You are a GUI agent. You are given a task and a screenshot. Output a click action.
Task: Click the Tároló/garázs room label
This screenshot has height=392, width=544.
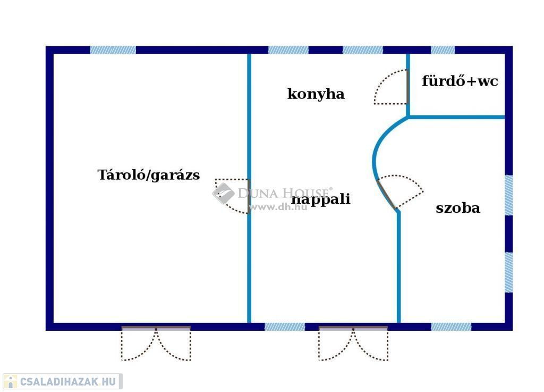coord(149,175)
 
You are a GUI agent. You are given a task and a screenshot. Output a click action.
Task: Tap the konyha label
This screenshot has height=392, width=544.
coord(316,94)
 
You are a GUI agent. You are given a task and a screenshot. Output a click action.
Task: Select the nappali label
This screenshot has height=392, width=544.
coord(321,199)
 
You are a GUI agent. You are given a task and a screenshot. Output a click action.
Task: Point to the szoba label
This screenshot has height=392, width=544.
coord(457,208)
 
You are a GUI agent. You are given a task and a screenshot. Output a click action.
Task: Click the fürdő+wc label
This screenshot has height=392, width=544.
coord(460,81)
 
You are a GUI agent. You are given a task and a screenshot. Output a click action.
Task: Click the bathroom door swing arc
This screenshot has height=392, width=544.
coord(390,87)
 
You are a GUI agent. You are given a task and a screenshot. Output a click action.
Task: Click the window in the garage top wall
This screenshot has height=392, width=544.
coord(113,50)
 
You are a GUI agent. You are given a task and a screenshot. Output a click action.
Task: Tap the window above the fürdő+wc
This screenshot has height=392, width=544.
coord(443,50)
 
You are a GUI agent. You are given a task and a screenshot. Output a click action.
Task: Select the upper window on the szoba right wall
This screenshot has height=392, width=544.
coord(508,195)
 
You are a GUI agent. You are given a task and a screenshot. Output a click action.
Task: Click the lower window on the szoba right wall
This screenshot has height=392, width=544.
coord(508,272)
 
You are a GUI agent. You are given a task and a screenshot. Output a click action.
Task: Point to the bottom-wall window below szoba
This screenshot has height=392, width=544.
coord(450,327)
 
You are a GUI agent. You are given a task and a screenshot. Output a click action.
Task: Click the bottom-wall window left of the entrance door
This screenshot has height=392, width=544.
coord(285,327)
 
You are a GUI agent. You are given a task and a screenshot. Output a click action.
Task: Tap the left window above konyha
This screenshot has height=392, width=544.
coord(288,50)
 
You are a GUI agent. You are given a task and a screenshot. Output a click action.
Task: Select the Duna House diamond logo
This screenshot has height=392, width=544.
coord(223,193)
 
